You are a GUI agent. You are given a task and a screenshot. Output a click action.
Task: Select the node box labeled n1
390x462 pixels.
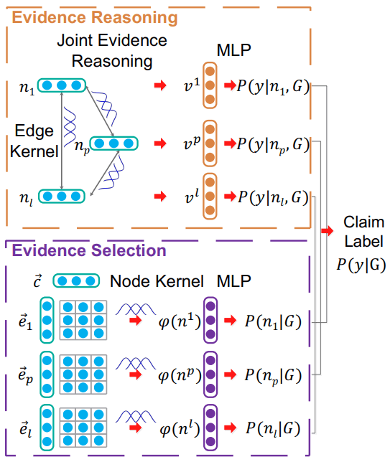(62, 85)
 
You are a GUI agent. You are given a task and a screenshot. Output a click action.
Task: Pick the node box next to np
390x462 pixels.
(116, 143)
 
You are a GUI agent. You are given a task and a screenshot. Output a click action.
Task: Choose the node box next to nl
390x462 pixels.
(62, 194)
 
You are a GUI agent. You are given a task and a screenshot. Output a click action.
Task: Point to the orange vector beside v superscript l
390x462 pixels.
(210, 196)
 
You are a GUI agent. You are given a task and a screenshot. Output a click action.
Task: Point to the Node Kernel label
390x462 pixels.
(149, 280)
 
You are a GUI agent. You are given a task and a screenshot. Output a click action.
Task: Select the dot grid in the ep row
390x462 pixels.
(83, 374)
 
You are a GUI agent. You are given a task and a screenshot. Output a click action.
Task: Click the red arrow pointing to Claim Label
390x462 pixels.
(328, 231)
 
